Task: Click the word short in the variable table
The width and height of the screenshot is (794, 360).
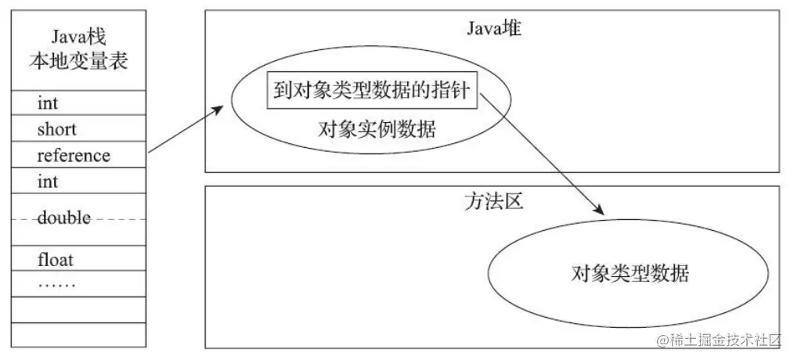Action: coord(56,129)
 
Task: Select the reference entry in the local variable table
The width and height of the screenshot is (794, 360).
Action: coord(74,155)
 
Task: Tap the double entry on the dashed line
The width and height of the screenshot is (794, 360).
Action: coord(63,218)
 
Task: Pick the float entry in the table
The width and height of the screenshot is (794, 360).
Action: coord(55,260)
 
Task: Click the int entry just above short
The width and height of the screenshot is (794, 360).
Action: coord(48,103)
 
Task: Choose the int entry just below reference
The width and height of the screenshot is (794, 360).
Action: coord(48,181)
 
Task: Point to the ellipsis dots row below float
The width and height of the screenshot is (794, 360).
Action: coord(56,286)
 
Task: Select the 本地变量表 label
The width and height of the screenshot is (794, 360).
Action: coord(78,62)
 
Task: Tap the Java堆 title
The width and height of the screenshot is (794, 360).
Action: coord(493,28)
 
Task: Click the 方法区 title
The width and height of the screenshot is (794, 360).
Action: coord(493,201)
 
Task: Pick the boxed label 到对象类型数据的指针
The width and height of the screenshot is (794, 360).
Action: coord(372,93)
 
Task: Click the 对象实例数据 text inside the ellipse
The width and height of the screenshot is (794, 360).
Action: coord(377,130)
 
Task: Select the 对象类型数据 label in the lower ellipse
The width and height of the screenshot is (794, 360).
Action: coord(630,274)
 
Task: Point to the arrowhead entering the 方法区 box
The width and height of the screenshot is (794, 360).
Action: coord(598,209)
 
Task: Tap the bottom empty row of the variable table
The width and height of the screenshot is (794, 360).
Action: coord(78,335)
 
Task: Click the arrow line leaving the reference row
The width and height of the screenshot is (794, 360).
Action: coord(186,130)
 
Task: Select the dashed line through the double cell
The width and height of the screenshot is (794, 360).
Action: coord(78,219)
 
